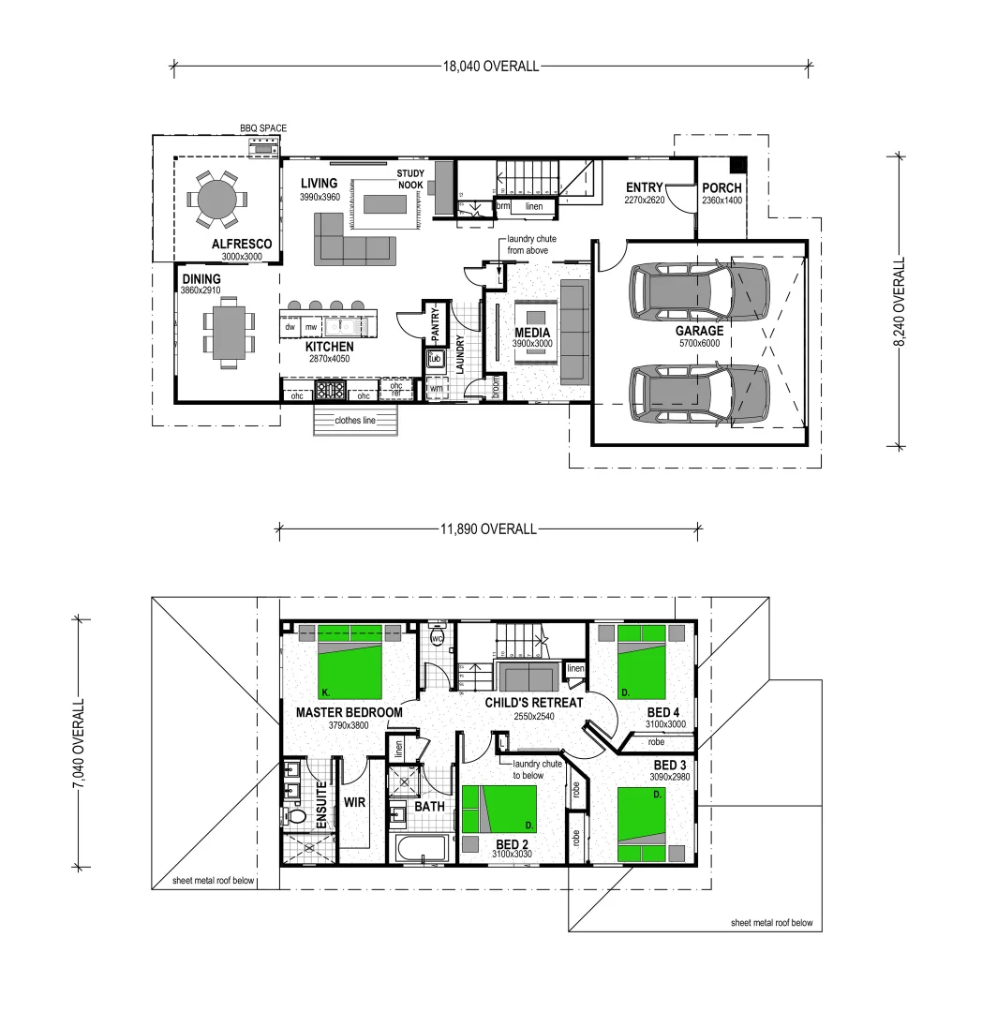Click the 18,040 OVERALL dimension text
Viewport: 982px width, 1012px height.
pos(491,66)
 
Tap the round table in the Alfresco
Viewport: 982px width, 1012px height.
pos(217,200)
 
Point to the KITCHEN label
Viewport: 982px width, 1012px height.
pos(328,346)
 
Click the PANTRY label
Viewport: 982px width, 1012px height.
pos(435,323)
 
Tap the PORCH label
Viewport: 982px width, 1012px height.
pos(722,187)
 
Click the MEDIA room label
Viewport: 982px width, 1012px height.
pos(532,333)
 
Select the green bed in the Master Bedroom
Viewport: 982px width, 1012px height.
pos(350,662)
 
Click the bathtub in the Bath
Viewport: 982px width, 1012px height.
pos(424,851)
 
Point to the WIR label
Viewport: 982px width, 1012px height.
pos(354,803)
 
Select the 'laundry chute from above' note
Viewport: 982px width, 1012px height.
pos(531,245)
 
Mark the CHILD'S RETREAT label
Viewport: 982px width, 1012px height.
pos(534,702)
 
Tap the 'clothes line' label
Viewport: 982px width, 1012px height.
pos(355,421)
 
